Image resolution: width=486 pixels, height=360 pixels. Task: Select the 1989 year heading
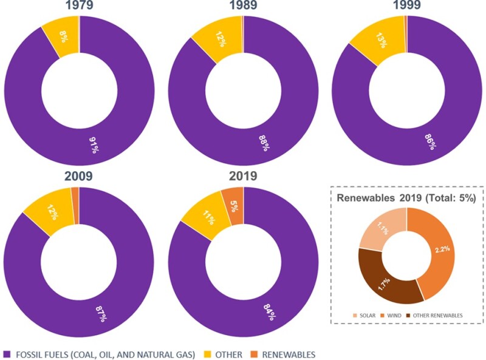(x=242, y=6)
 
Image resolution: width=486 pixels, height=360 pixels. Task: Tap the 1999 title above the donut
(x=406, y=6)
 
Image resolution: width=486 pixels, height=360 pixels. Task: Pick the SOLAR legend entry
(x=367, y=316)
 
